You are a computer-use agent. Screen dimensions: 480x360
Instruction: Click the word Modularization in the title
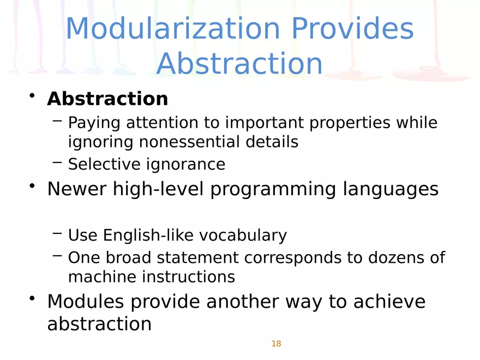pos(173,28)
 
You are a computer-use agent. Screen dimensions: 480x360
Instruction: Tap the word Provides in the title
pos(352,28)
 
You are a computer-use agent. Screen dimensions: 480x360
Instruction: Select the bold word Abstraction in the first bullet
pos(107,99)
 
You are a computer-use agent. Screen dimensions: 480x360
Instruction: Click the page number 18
pos(276,344)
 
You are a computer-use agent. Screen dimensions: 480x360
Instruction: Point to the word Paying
pos(94,123)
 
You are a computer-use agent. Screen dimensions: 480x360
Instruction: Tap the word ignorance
pos(186,165)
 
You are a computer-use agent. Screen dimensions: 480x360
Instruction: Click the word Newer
pos(77,189)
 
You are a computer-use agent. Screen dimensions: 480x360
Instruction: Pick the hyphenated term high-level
pos(158,189)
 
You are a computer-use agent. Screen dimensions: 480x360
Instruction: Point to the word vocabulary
pos(243,236)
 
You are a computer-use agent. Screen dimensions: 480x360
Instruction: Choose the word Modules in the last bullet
pos(86,302)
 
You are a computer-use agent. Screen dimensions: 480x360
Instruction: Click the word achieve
pos(389,302)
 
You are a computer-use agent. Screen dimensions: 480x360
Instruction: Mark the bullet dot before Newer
pos(32,185)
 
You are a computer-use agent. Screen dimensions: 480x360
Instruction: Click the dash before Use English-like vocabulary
pos(57,233)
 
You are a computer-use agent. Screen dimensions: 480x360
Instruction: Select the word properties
pos(350,123)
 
